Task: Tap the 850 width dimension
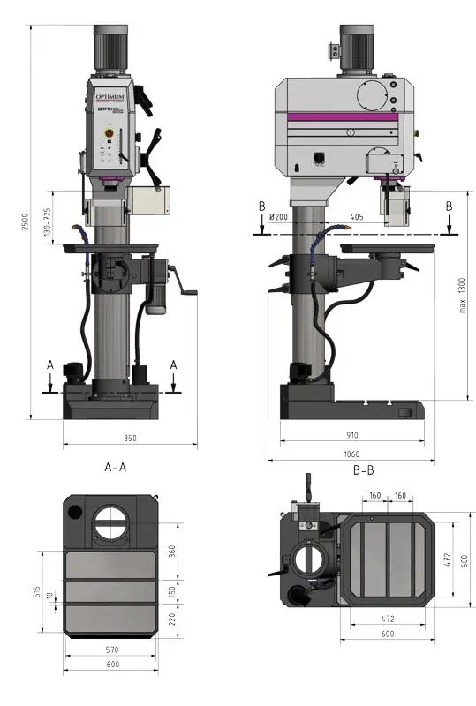tap(130, 438)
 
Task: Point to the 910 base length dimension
tap(351, 435)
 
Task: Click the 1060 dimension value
tap(351, 454)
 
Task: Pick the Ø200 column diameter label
tap(281, 215)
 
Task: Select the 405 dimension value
tap(356, 215)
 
